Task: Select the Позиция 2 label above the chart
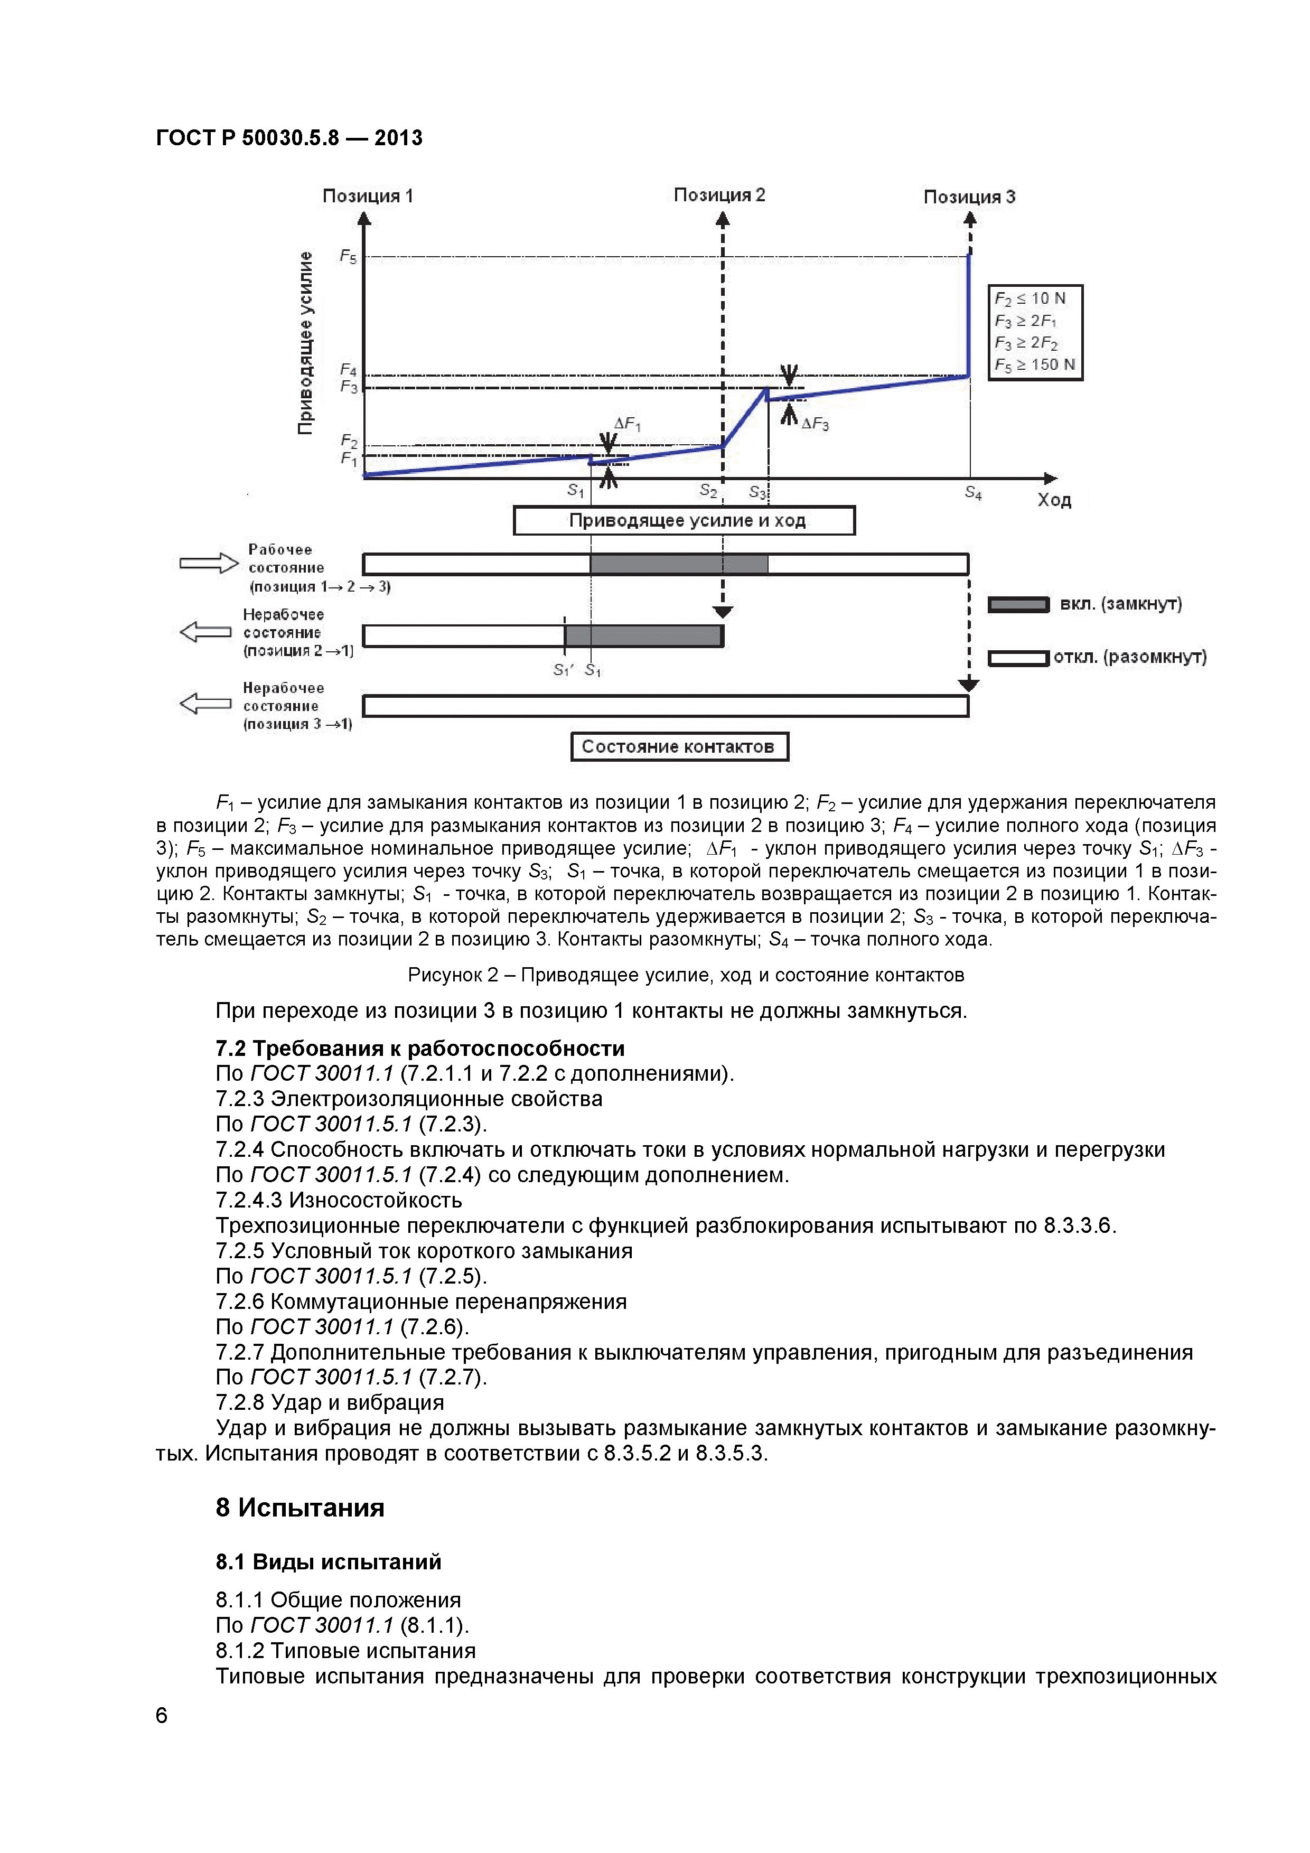(719, 195)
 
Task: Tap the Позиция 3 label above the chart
(969, 197)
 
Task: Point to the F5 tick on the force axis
(348, 257)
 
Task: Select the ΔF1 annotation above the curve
(627, 424)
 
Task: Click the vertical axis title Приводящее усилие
(305, 343)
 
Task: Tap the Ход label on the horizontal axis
(1054, 500)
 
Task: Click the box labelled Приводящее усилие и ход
(685, 520)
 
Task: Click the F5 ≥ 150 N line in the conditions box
(1035, 365)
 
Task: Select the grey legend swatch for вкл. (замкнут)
(1018, 604)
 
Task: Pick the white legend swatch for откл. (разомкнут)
(1018, 659)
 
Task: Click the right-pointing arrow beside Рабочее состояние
(208, 563)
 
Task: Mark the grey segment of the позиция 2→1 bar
(643, 636)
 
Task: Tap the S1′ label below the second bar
(562, 670)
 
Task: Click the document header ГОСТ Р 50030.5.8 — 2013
(289, 138)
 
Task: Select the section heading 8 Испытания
(300, 1508)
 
